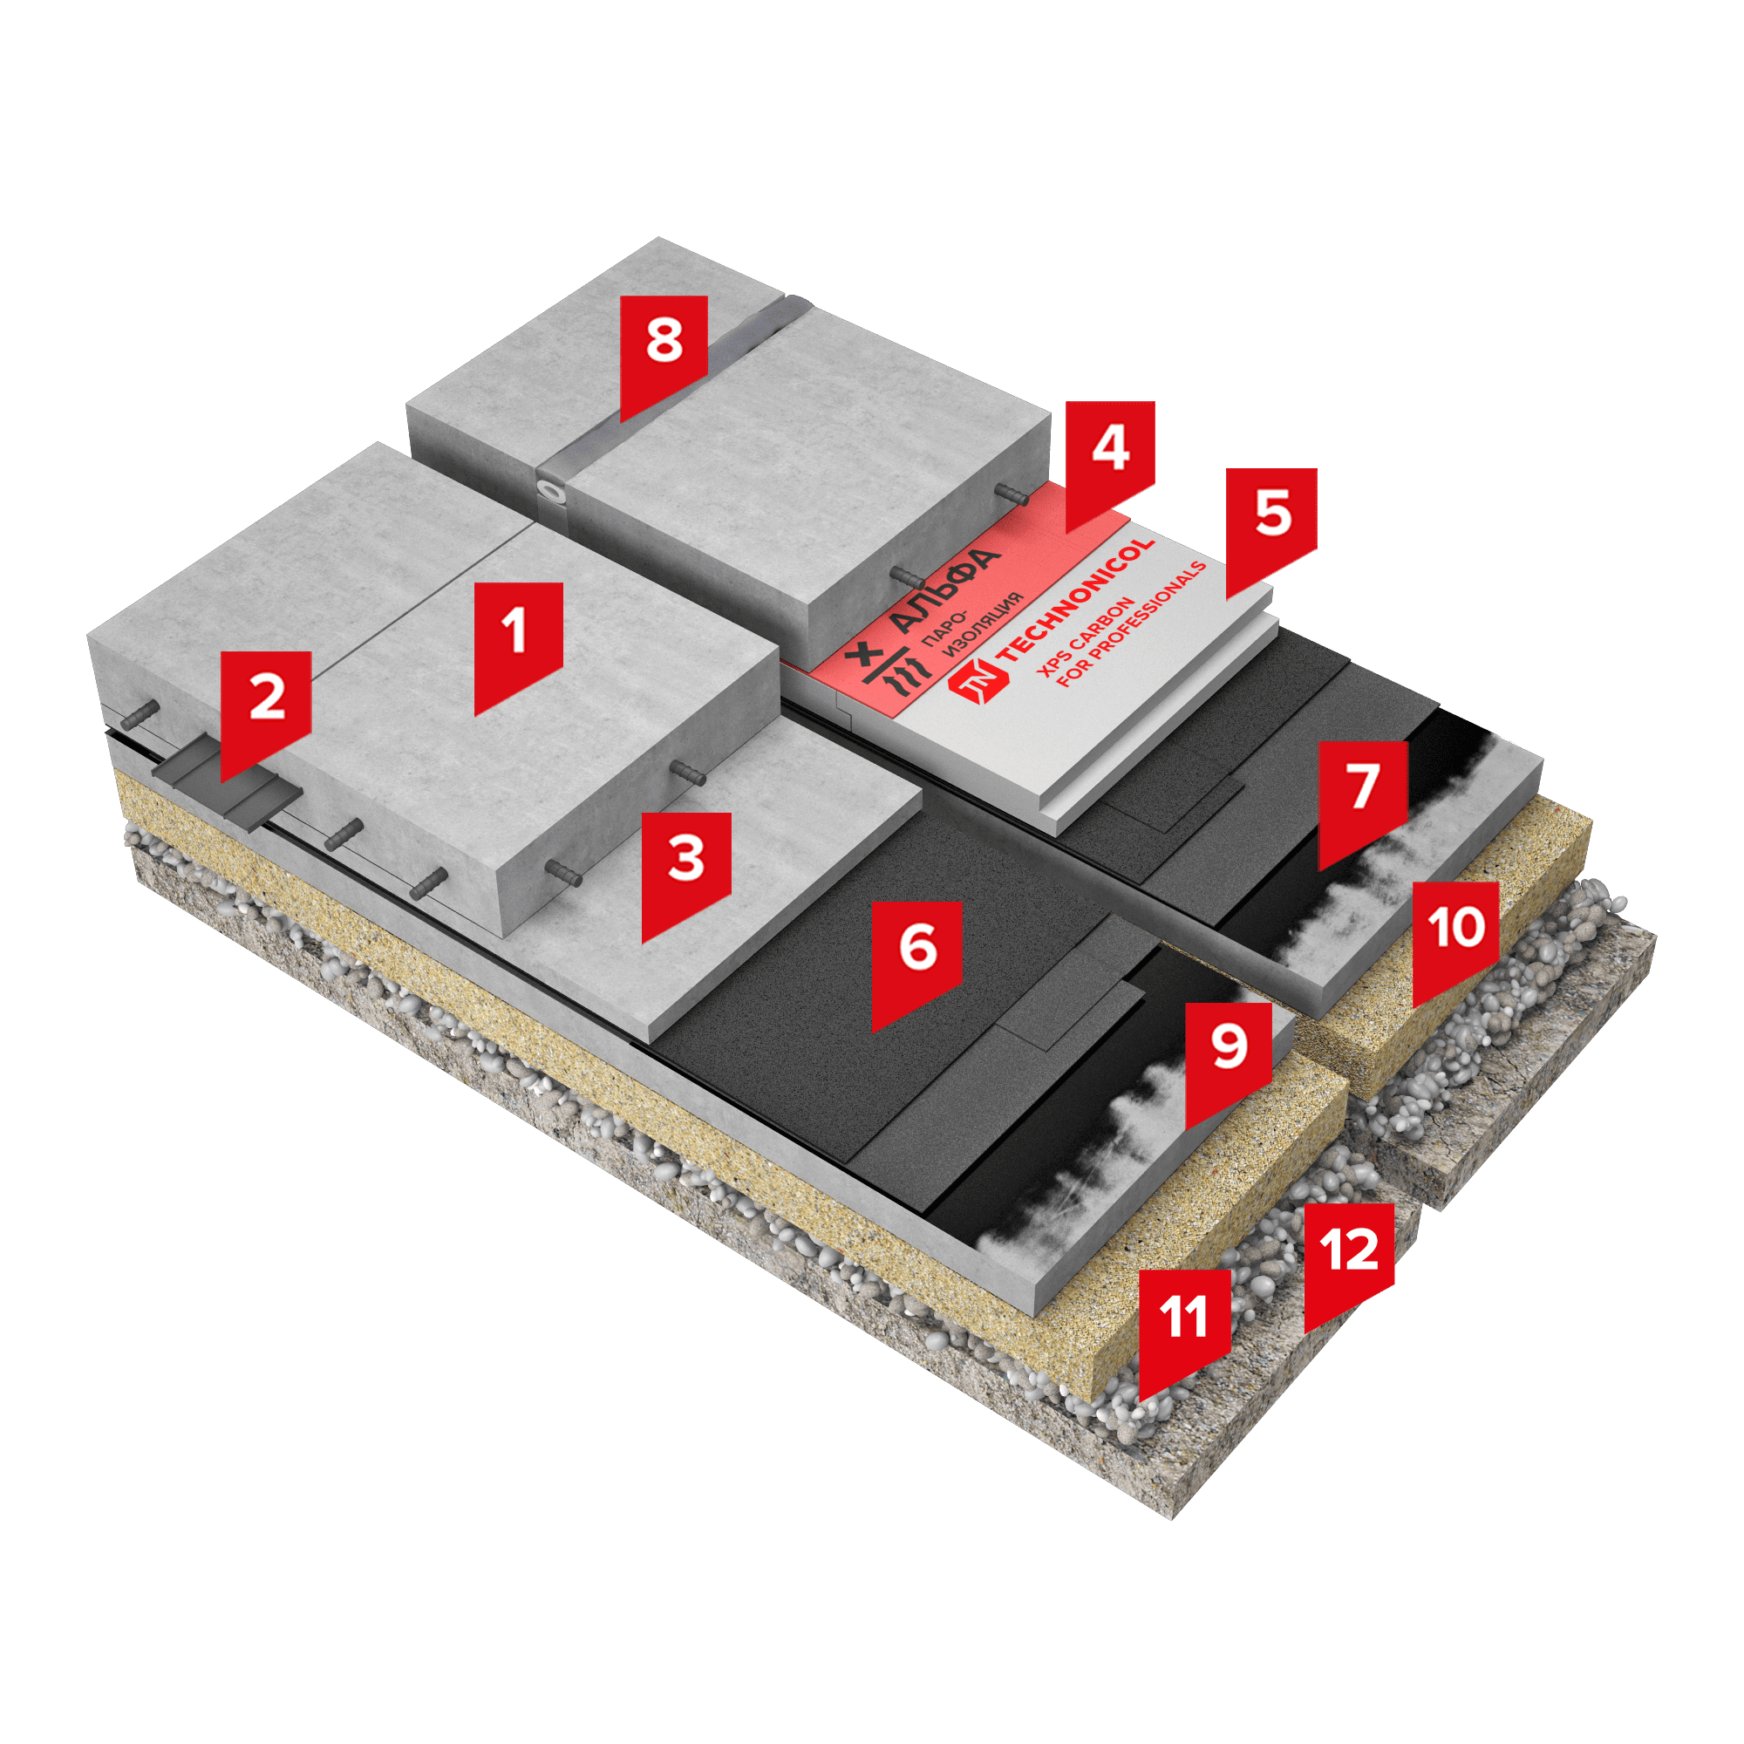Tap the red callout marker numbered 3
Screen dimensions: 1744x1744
(686, 871)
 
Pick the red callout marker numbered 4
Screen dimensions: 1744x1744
(1109, 460)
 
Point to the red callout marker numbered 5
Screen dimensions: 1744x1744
(1271, 528)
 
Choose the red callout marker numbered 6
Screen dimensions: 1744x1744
(916, 960)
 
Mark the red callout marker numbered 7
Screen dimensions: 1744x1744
(1362, 800)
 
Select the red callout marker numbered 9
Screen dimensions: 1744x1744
(1230, 1059)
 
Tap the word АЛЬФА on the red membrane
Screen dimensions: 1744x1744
(944, 589)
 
